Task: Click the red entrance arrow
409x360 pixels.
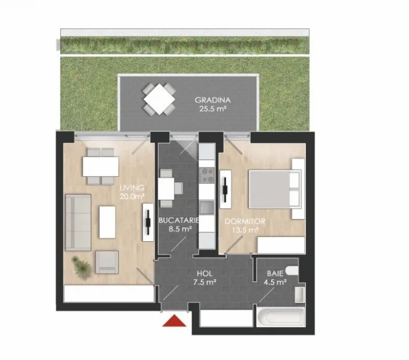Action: pos(174,321)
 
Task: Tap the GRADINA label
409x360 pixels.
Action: pos(213,100)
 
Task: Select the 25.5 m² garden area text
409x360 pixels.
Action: pos(213,109)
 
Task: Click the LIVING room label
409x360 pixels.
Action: pos(132,187)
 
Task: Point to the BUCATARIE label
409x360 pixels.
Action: pos(179,220)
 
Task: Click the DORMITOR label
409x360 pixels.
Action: pos(245,221)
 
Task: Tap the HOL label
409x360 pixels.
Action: pos(204,274)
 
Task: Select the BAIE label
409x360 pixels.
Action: pos(275,273)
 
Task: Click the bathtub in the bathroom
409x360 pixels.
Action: pos(280,318)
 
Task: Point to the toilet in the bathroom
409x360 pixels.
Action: pos(292,271)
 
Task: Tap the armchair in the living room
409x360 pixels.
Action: pos(107,262)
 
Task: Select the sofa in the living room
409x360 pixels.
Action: pos(78,222)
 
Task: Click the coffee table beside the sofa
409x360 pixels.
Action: pos(107,222)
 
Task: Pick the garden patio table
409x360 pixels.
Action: pos(159,99)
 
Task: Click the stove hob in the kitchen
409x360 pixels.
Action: pos(207,175)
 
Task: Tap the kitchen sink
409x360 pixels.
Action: pos(207,208)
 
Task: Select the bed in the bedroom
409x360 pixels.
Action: pos(274,189)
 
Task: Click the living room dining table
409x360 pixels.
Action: pos(101,166)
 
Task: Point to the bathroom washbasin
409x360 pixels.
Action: pos(300,295)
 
